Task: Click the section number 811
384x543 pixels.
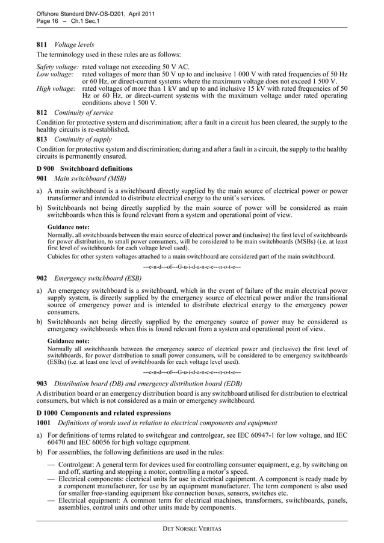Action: pyautogui.click(x=42, y=44)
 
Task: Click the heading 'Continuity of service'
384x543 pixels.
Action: pyautogui.click(x=84, y=112)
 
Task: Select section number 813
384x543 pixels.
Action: pyautogui.click(x=42, y=139)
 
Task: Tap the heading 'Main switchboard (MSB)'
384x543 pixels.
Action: pyautogui.click(x=90, y=179)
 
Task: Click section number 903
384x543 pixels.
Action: pyautogui.click(x=42, y=383)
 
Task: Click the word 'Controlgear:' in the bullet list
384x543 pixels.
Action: pyautogui.click(x=79, y=465)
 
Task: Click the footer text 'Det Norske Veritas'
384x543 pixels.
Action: pyautogui.click(x=192, y=528)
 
